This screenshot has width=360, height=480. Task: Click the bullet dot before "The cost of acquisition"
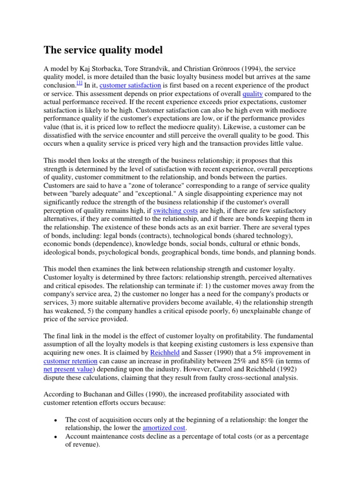click(x=55, y=420)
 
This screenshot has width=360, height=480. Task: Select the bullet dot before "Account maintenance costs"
click(x=55, y=437)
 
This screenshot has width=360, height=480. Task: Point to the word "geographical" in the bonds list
click(x=192, y=253)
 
